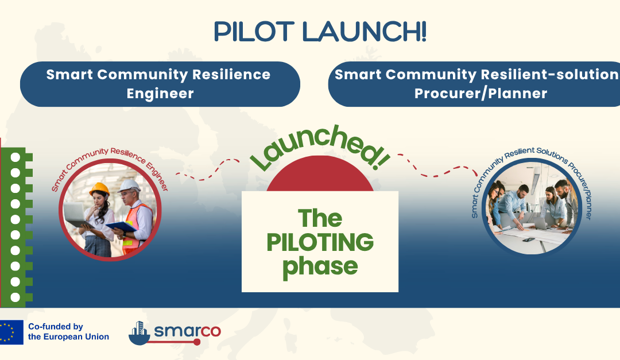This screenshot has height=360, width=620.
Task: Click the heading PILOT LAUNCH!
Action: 320,32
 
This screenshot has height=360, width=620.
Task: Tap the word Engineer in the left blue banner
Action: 160,94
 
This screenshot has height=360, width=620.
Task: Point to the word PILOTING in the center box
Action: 320,242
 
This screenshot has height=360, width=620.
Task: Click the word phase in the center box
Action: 320,266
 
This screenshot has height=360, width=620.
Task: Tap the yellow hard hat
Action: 99,188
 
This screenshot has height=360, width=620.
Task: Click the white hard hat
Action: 130,185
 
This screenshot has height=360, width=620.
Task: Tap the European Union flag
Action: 11,332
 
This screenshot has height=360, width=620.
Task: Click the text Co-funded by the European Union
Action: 68,332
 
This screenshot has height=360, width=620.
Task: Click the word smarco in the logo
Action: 187,331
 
